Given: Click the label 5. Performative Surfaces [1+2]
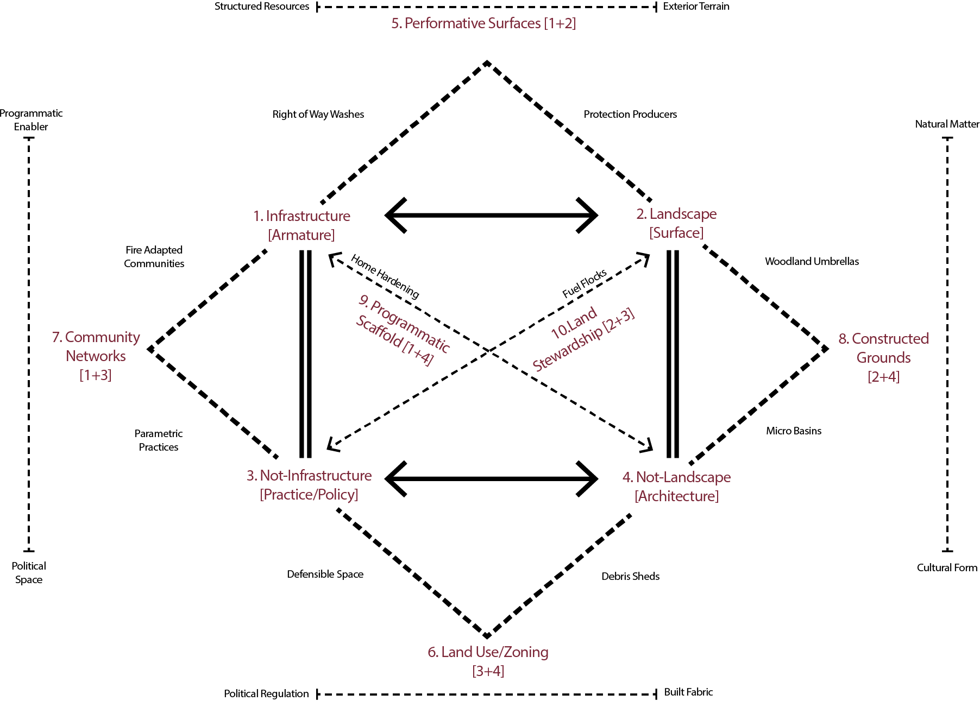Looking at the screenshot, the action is pos(483,23).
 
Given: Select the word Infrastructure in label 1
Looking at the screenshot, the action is pos(308,216).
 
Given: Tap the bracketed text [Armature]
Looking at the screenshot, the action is pos(301,235).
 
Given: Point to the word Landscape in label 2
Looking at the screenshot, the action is pos(683,214).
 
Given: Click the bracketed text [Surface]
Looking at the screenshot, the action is pos(676,233).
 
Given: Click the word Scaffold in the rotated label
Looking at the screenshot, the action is pos(379,332).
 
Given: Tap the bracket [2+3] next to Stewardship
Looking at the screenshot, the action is pos(619,320).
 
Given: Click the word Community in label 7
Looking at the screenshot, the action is pos(102,337).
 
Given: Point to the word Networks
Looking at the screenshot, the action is pos(96,356).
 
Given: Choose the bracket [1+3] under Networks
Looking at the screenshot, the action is pos(96,375).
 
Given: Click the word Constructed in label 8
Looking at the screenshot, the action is pos(890,339).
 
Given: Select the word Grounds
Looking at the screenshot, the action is pos(883,358).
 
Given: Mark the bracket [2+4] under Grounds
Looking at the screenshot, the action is pos(883,377).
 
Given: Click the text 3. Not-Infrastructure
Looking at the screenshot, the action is pos(309,476).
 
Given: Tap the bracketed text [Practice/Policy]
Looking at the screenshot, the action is pos(309,495).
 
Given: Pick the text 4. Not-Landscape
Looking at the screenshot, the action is pos(676,477).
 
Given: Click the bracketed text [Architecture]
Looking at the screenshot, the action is pos(676,496).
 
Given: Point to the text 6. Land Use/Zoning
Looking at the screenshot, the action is pos(488,652).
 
